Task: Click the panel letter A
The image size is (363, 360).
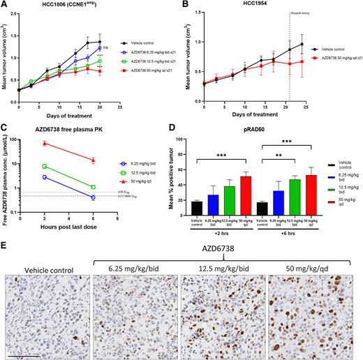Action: (x=4, y=5)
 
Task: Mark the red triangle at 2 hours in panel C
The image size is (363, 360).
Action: (x=45, y=144)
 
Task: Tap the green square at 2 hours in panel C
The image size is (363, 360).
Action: (x=45, y=167)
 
